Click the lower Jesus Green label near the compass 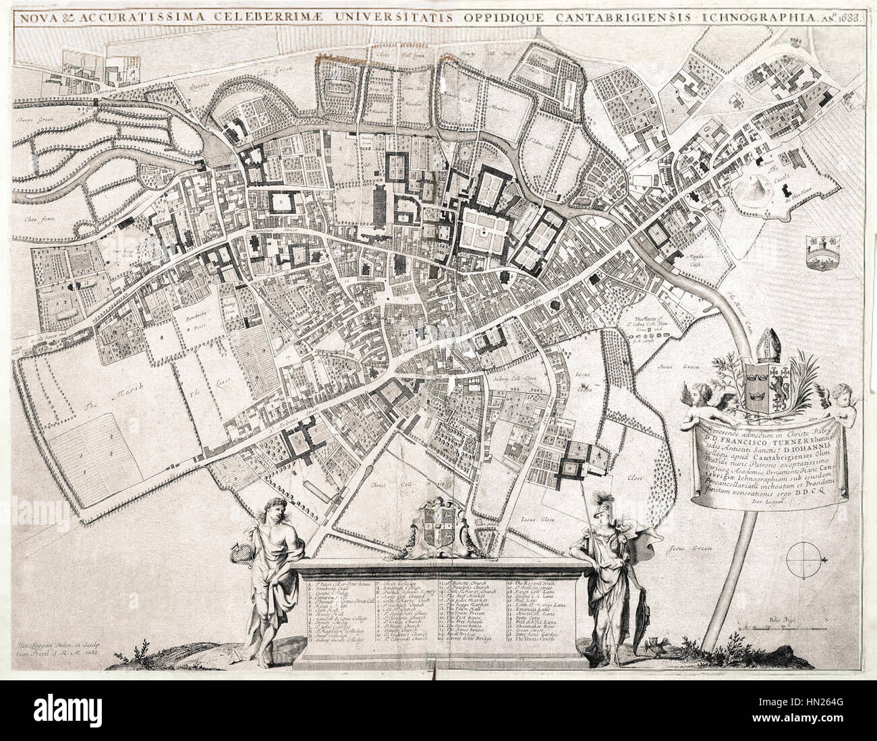point(683,548)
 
